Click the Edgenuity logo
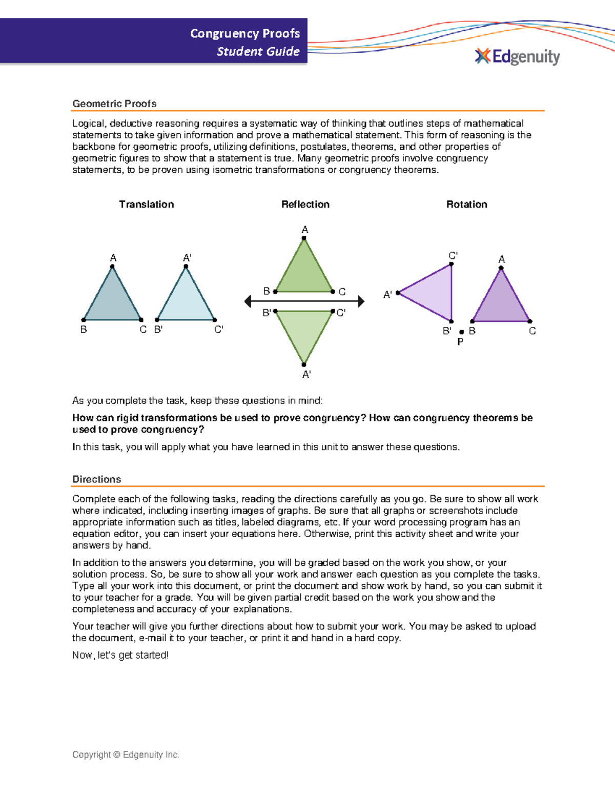[x=518, y=56]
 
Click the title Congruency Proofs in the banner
[x=245, y=33]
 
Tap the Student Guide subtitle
[x=258, y=51]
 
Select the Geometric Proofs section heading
[x=114, y=104]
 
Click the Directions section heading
[x=96, y=479]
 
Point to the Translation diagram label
[x=146, y=204]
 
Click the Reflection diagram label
[x=305, y=204]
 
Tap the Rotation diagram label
[x=466, y=204]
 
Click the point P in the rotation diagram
[x=461, y=332]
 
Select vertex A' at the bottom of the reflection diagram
[x=304, y=364]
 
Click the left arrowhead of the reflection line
[x=248, y=301]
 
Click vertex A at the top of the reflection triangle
[x=304, y=238]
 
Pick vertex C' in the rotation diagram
[x=451, y=264]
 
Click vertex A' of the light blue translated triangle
[x=186, y=266]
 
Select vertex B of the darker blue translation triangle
[x=84, y=320]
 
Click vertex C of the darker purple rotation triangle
[x=530, y=321]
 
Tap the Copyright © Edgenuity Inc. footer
[x=126, y=754]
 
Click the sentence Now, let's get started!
[x=120, y=655]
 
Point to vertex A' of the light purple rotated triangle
[x=398, y=293]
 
